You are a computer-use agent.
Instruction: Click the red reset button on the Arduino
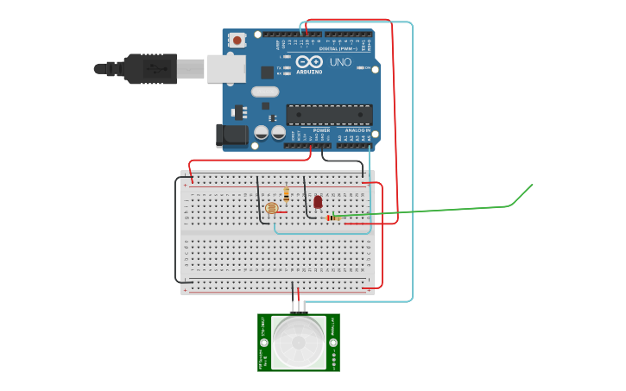tap(237, 40)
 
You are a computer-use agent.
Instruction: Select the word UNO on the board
tap(340, 62)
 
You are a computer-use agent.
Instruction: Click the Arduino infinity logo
tap(309, 62)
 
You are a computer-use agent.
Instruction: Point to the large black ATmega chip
tap(329, 114)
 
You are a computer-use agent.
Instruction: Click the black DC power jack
tap(233, 134)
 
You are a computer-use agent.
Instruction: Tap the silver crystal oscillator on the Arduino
tap(265, 91)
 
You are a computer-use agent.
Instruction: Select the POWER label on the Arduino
tap(309, 130)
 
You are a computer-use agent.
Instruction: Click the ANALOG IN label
tap(357, 130)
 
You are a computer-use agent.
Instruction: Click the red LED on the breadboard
tap(318, 202)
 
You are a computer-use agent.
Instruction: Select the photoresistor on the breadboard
tap(271, 208)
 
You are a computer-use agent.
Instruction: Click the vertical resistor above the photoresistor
tap(286, 194)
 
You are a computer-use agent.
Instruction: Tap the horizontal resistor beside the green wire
tap(332, 218)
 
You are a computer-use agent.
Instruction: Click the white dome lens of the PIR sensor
tap(299, 343)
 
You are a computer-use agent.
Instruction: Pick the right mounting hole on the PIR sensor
tap(332, 343)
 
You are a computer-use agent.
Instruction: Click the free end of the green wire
tap(533, 185)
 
